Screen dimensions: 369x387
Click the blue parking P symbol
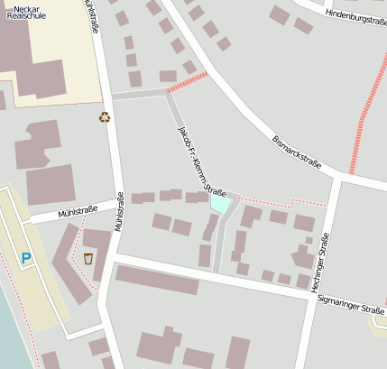point(26,259)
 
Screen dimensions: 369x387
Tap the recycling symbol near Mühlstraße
point(105,116)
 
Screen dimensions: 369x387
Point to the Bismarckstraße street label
point(297,152)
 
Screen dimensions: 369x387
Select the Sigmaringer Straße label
point(352,309)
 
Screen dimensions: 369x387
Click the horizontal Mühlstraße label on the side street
point(77,211)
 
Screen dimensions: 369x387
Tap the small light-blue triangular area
point(219,204)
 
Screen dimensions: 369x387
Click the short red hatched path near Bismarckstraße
point(188,82)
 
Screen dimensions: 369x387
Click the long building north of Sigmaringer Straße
point(157,280)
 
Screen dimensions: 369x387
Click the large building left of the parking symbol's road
point(51,184)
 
